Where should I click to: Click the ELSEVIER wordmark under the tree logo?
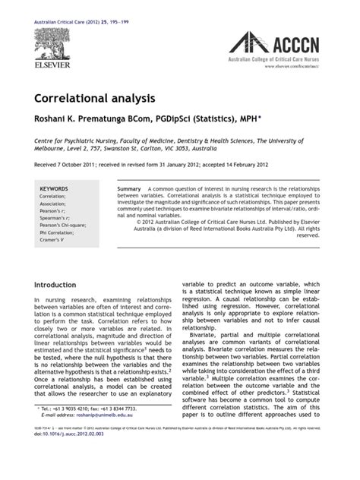[x=51, y=65]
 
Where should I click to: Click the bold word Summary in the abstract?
[x=129, y=188]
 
